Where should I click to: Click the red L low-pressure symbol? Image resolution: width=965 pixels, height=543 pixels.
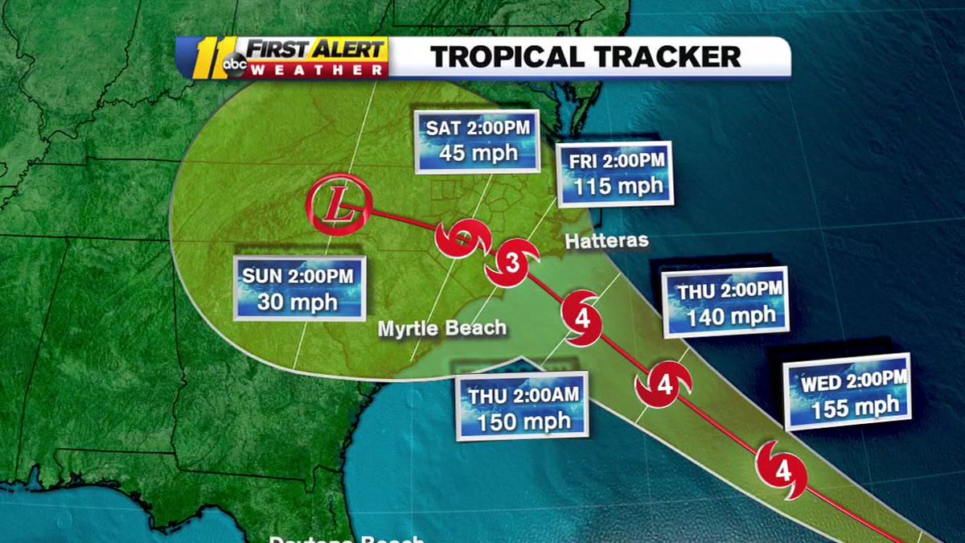click(339, 208)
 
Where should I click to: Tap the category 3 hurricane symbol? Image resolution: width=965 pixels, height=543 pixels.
click(509, 262)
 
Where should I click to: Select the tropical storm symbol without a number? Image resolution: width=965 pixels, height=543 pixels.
click(462, 238)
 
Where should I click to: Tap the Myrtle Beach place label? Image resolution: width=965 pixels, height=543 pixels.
click(443, 328)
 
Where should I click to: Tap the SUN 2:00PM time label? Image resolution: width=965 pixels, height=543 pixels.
click(298, 276)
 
